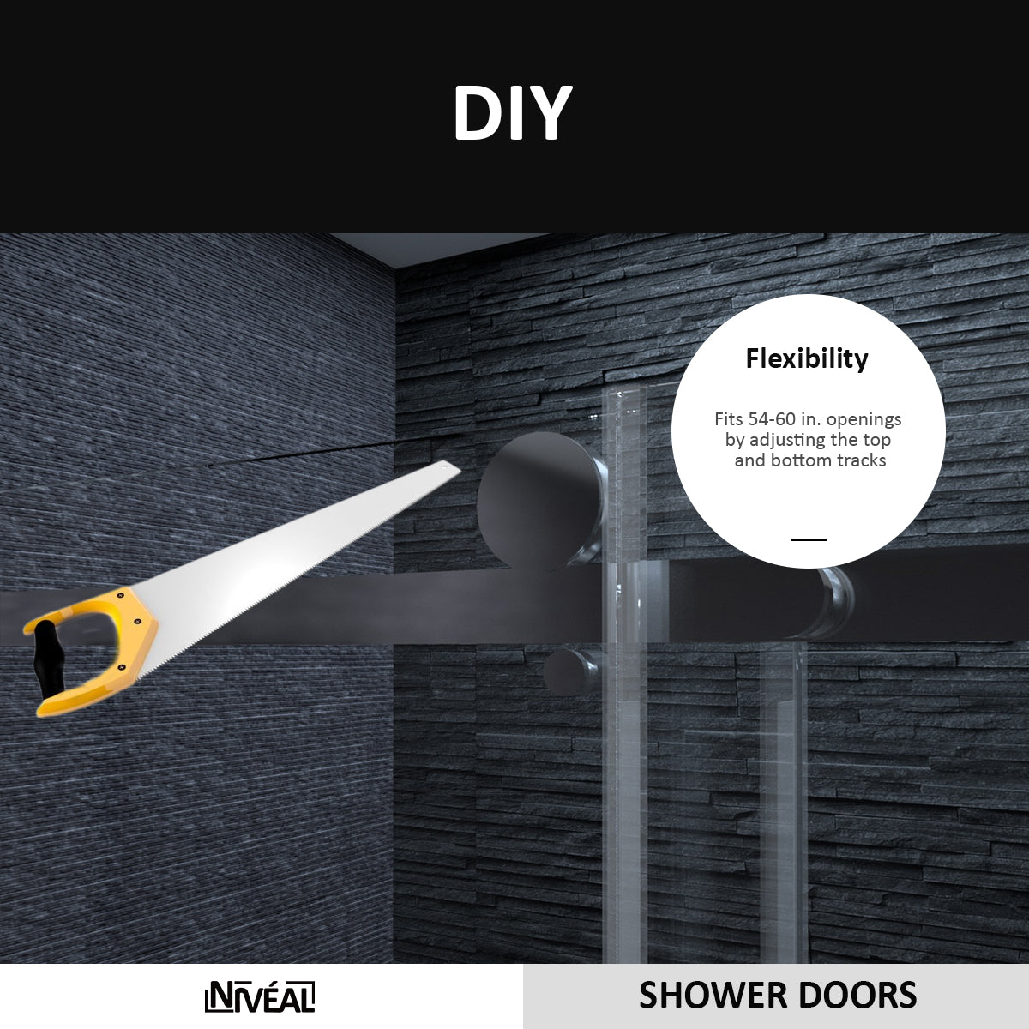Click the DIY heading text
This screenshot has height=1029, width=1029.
pos(513,113)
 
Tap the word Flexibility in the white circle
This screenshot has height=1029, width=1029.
pos(807,358)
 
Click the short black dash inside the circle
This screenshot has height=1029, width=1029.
pos(809,540)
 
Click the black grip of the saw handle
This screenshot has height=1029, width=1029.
pos(48,659)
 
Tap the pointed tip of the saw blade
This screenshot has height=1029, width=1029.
pos(460,469)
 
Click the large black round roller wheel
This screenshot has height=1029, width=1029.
pos(542,502)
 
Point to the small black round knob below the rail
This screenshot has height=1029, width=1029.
pos(565,671)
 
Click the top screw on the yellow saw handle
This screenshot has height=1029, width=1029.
pos(121,595)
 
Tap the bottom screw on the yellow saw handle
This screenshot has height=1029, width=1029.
pos(121,667)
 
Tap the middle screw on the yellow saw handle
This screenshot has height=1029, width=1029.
pos(137,622)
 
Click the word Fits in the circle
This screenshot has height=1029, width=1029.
pos(729,419)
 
